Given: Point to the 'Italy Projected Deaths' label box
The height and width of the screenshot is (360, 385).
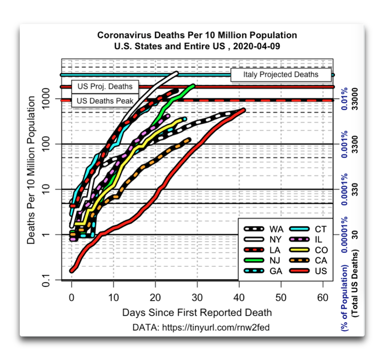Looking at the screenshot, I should [281, 75].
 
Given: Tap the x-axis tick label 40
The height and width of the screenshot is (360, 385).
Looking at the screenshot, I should [239, 297].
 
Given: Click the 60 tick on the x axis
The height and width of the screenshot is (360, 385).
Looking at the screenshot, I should [323, 297].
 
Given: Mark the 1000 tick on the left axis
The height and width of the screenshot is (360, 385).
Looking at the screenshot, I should [46, 99].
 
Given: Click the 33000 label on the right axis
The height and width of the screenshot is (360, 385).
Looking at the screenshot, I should [356, 99].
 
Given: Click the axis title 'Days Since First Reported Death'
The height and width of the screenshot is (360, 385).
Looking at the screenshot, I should [197, 312].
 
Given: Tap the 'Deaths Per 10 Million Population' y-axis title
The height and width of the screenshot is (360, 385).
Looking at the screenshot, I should [32, 175].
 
